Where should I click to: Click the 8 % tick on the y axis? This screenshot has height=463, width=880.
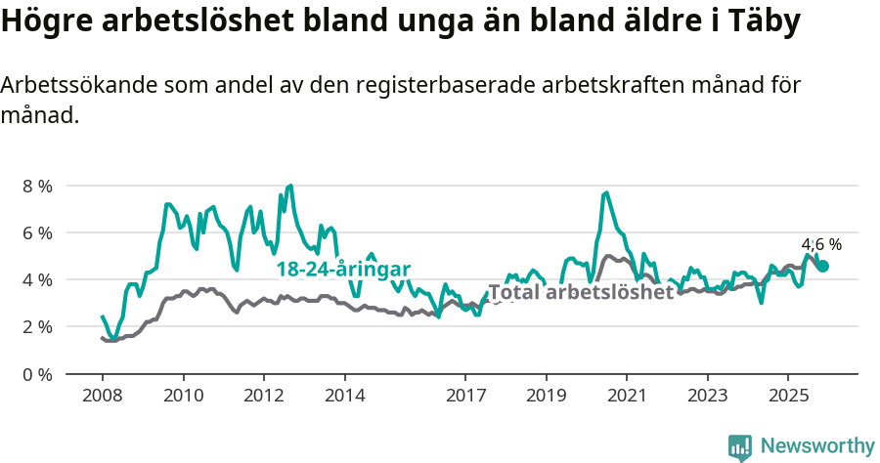[x=38, y=186]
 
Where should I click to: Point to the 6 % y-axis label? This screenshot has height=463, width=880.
[x=38, y=232]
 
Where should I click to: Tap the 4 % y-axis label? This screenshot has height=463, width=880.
[x=38, y=279]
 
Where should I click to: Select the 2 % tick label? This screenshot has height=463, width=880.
[x=38, y=326]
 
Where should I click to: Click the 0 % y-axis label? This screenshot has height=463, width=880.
[x=38, y=373]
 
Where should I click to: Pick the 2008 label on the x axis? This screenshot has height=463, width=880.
[x=102, y=396]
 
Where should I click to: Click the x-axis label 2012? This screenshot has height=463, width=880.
[x=263, y=396]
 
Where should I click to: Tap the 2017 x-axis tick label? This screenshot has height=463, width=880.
[x=464, y=396]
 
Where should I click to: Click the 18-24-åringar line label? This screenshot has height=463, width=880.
[x=342, y=270]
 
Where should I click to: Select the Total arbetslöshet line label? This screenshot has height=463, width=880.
[x=581, y=292]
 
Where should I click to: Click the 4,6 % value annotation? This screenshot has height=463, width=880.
[x=821, y=245]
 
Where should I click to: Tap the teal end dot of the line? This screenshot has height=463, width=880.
[x=823, y=266]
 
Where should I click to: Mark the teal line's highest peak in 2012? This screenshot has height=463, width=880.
[x=290, y=186]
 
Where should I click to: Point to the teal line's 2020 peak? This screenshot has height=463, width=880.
[x=606, y=192]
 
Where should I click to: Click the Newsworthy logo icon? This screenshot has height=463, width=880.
[x=740, y=446]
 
